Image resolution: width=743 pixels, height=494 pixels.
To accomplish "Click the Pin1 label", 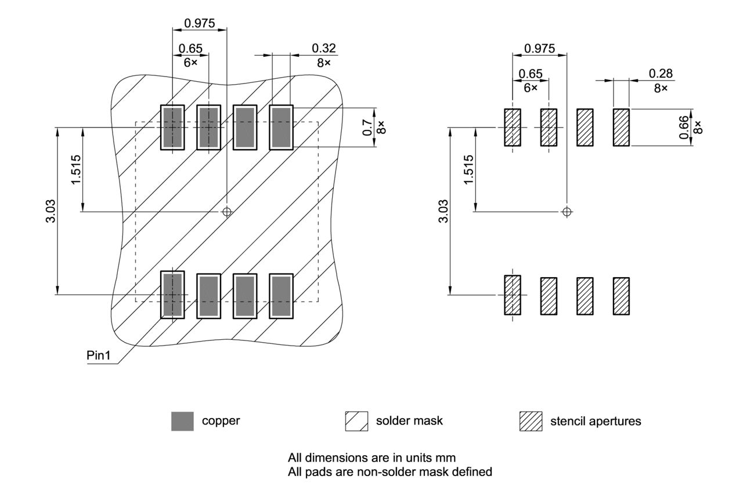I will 98,355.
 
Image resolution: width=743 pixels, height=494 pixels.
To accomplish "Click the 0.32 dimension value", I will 323,48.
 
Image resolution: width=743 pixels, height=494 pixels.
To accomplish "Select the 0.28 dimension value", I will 661,73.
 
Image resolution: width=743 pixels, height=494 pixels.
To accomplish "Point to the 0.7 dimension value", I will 367,128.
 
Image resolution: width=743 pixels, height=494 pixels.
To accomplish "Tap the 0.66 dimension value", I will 683,127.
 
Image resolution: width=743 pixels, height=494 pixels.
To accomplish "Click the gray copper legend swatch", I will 182,421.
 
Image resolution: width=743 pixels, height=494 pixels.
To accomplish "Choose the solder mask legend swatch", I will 356,421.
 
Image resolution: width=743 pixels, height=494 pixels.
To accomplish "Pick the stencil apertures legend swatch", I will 531,421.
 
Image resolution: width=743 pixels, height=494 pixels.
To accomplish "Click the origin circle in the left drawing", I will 227,212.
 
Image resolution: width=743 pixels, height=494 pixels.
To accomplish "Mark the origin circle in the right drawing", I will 568,211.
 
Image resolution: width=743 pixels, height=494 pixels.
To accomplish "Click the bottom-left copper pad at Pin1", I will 172,295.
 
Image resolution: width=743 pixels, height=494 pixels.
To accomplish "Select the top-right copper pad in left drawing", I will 281,128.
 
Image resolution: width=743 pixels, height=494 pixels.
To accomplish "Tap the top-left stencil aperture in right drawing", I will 513,128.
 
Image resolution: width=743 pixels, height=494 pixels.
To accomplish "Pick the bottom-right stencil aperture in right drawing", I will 621,296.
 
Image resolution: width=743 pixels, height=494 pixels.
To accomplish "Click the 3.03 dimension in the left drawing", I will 51,211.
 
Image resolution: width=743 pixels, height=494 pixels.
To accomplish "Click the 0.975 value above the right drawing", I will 539,48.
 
